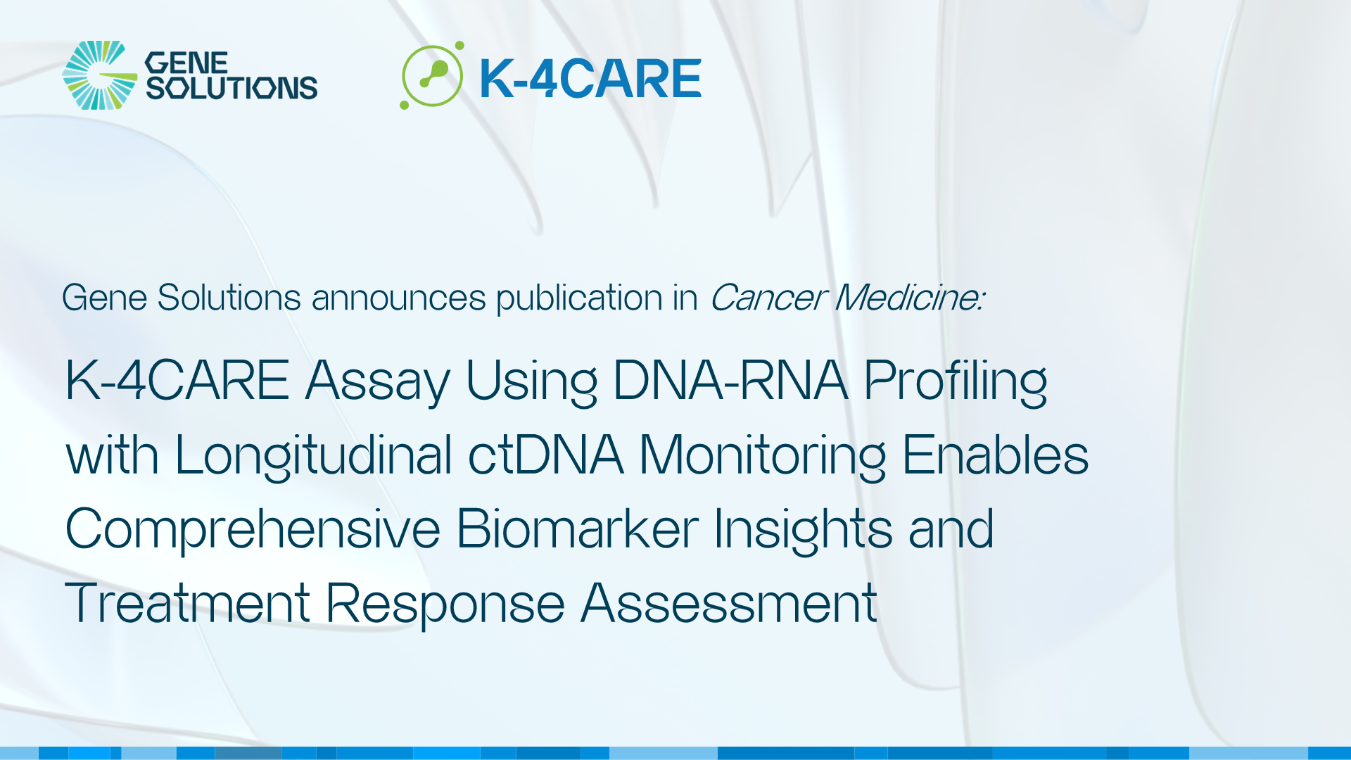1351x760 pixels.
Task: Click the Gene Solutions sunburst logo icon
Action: [x=99, y=75]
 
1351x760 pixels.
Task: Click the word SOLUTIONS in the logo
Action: [x=231, y=88]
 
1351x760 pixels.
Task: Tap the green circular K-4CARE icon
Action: [x=432, y=76]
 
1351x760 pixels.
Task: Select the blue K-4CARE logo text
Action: [x=590, y=78]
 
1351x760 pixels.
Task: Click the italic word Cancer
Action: [x=768, y=298]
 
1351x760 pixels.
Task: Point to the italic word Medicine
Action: [x=909, y=298]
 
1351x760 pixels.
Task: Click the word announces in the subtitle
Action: [x=398, y=298]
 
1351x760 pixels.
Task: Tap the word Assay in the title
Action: [x=377, y=381]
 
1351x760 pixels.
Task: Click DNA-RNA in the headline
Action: [x=730, y=381]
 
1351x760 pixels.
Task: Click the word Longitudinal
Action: [x=313, y=456]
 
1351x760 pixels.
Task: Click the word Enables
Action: [x=995, y=455]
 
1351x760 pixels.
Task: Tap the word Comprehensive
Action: [x=253, y=530]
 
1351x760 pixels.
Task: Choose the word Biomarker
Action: [x=577, y=528]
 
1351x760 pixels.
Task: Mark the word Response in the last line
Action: [x=445, y=604]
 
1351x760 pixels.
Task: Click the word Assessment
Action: [x=729, y=604]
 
